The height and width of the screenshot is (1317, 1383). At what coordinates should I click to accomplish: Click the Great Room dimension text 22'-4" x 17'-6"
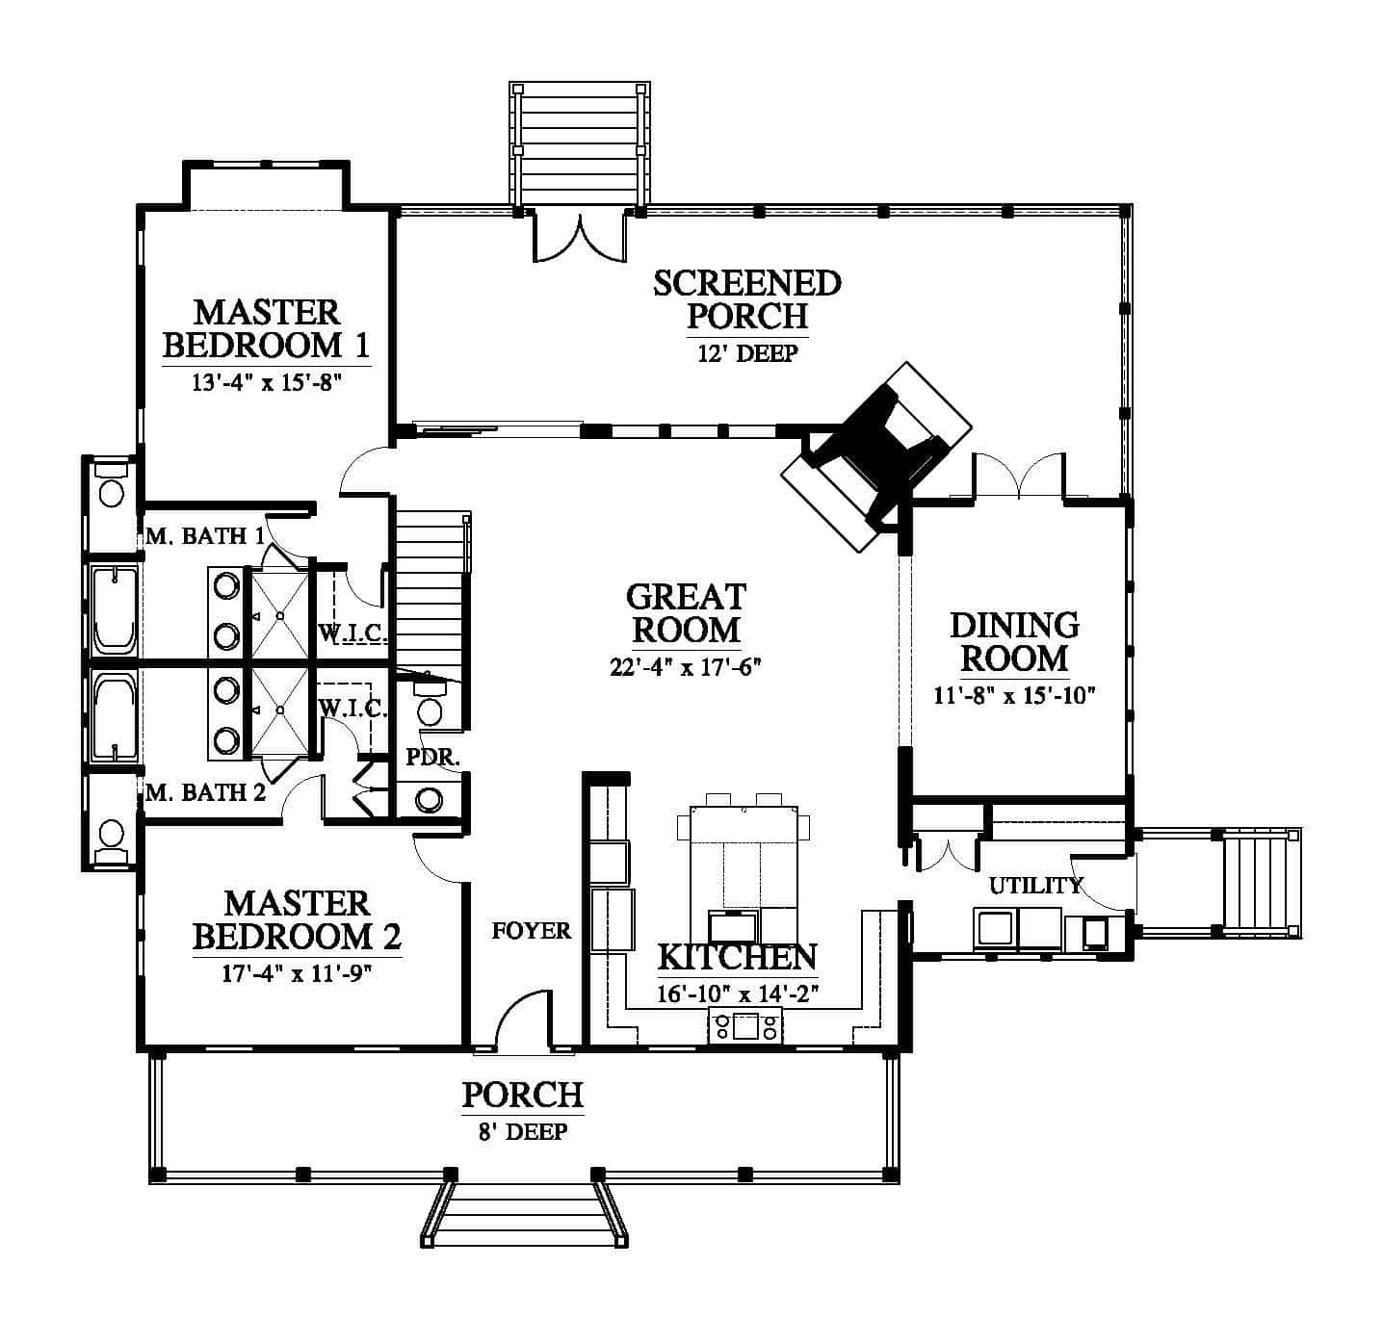tap(685, 666)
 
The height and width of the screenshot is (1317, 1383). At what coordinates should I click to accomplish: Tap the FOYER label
tap(531, 931)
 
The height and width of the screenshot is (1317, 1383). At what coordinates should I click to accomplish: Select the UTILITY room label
tap(1035, 886)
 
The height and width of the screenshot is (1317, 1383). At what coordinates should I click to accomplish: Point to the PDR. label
tap(433, 758)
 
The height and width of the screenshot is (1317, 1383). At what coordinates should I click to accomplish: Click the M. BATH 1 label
tap(205, 536)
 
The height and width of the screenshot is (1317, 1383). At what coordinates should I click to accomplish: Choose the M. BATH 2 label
tap(205, 793)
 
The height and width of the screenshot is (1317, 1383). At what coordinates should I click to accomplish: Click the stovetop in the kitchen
tap(745, 1026)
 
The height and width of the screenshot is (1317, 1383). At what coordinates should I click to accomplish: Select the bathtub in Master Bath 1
tap(114, 609)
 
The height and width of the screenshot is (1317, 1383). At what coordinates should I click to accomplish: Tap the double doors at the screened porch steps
tap(580, 238)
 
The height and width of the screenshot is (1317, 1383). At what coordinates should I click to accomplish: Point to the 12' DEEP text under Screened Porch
tap(747, 353)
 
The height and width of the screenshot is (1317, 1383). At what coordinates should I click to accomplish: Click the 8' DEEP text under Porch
tap(523, 1132)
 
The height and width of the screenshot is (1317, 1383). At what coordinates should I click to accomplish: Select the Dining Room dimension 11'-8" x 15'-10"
tap(1014, 695)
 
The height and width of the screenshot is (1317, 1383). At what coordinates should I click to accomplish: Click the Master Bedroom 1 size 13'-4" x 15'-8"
tap(267, 382)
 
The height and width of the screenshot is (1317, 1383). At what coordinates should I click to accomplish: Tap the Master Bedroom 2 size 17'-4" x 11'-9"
tap(297, 973)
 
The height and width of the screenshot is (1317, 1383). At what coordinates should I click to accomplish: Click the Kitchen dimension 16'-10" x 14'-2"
tap(738, 994)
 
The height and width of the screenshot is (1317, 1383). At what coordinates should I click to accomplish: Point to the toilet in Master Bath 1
tap(111, 484)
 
